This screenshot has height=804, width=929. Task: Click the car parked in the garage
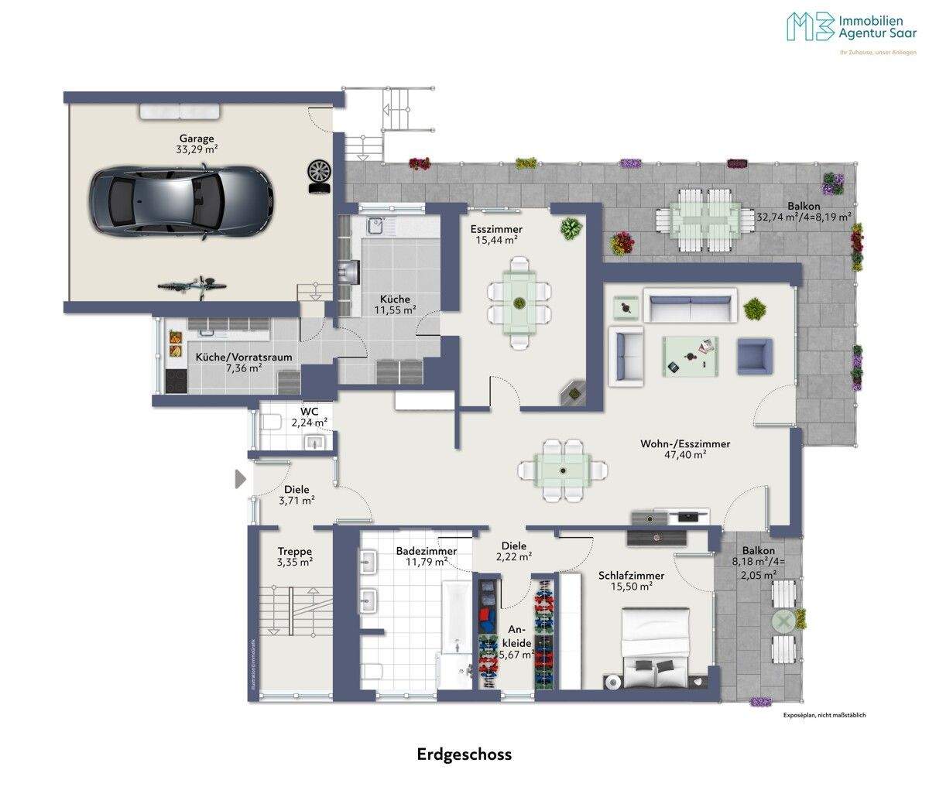180,200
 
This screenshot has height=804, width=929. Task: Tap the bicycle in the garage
193,287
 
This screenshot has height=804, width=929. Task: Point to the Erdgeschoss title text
464,754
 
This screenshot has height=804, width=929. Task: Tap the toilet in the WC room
271,423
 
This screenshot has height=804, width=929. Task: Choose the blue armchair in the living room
756,358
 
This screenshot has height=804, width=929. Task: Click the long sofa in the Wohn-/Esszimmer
691,307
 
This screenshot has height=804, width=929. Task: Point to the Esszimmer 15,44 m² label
496,234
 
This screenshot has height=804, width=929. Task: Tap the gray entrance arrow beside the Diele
240,480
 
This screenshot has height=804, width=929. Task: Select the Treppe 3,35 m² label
295,557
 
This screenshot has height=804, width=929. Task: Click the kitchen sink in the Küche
376,226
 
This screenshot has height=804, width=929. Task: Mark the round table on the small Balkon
784,621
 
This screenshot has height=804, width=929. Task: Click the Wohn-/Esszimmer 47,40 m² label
685,450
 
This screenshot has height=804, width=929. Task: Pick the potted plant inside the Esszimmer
571,228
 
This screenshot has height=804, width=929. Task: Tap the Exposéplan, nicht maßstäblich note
824,715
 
